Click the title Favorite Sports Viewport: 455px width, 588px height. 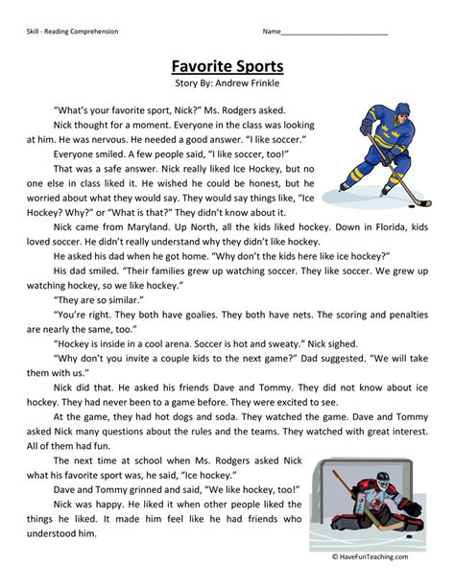click(227, 67)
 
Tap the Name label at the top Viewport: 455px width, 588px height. click(272, 32)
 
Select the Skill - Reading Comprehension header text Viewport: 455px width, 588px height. click(73, 32)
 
